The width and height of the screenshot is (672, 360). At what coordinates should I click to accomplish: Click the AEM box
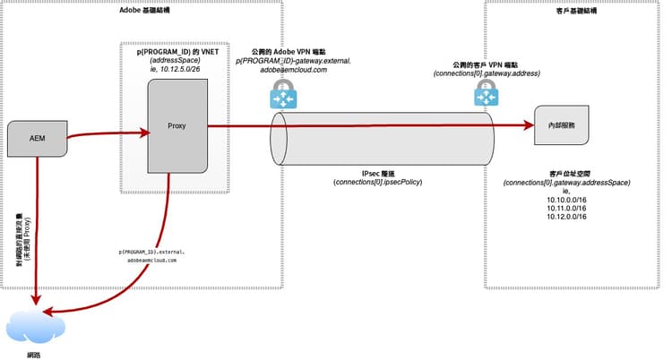click(x=38, y=138)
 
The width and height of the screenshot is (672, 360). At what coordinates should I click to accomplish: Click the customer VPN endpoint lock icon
click(x=486, y=90)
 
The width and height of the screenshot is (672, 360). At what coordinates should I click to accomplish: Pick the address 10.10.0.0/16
click(x=565, y=199)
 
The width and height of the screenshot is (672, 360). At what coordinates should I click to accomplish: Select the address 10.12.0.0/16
click(x=565, y=219)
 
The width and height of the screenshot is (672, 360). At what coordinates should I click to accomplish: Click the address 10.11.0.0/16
click(x=565, y=209)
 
